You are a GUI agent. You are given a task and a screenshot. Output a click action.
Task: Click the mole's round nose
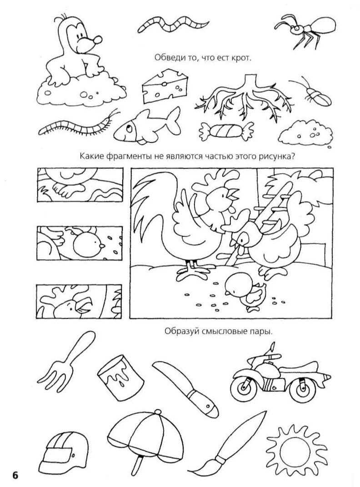(x=97, y=40)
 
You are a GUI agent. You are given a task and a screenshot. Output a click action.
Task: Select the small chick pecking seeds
(x=245, y=293)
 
